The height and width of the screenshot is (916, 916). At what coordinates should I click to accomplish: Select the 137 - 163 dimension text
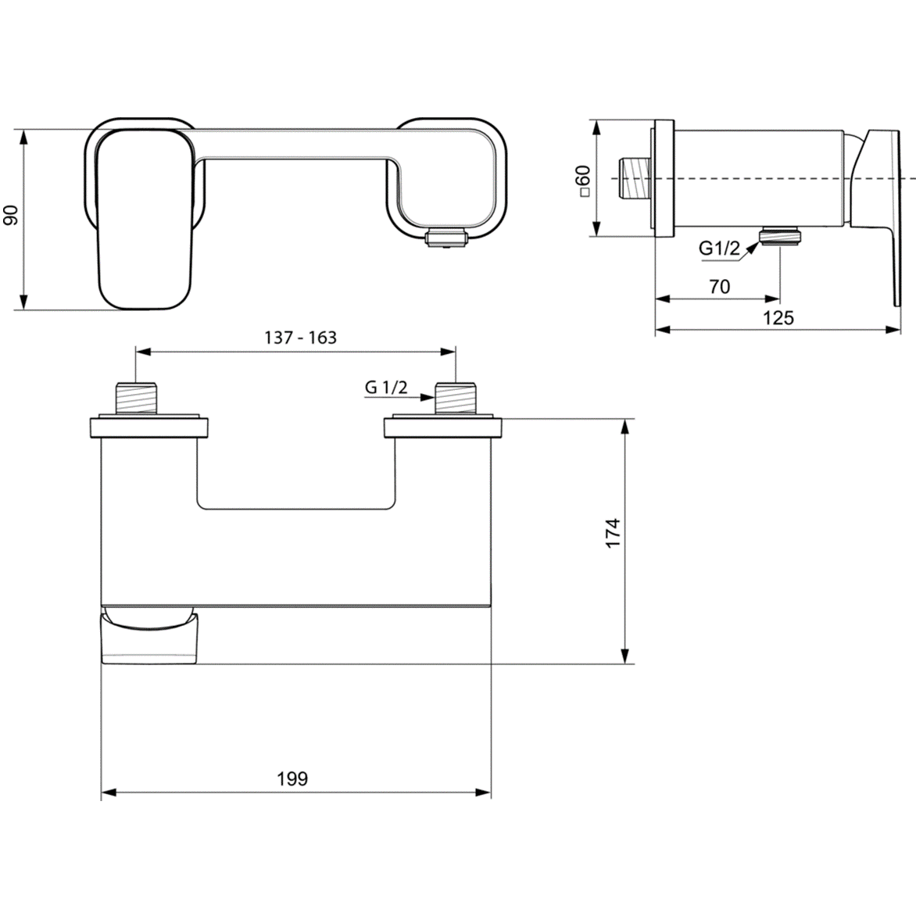coord(300,337)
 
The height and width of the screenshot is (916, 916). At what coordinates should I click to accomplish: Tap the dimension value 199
coord(292,778)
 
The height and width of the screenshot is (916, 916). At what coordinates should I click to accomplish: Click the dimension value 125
coord(778,317)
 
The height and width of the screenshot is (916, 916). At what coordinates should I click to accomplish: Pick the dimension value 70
coord(719,287)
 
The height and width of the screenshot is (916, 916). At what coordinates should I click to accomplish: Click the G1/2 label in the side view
coord(718,249)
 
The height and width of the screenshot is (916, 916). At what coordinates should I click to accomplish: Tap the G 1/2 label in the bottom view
coord(386,386)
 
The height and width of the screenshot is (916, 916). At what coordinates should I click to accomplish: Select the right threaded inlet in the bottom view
coord(455,398)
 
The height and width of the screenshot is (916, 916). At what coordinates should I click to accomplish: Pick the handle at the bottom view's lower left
coord(149,637)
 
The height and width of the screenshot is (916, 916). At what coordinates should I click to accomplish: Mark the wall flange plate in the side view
coord(664,178)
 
